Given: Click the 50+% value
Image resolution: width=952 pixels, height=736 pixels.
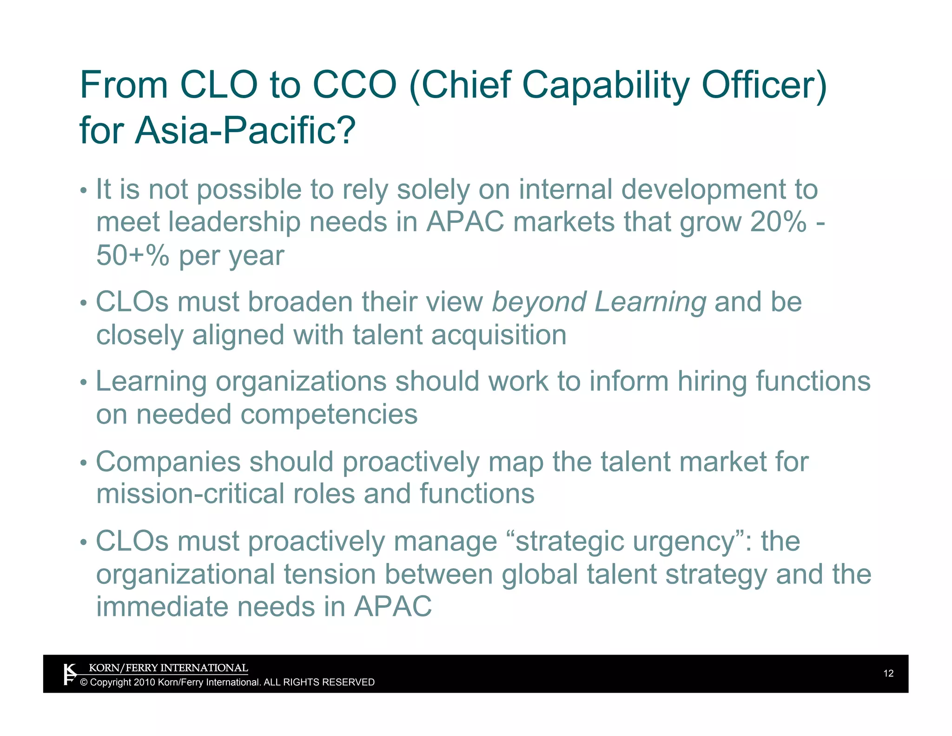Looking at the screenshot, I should click(132, 255).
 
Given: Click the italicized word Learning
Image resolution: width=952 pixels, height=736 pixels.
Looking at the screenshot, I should click(650, 302).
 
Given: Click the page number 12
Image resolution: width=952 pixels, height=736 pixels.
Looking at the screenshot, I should click(888, 673).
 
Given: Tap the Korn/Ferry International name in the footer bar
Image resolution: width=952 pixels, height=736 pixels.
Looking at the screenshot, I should click(168, 668).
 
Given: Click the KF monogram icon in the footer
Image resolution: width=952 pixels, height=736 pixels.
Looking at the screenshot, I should click(69, 675).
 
